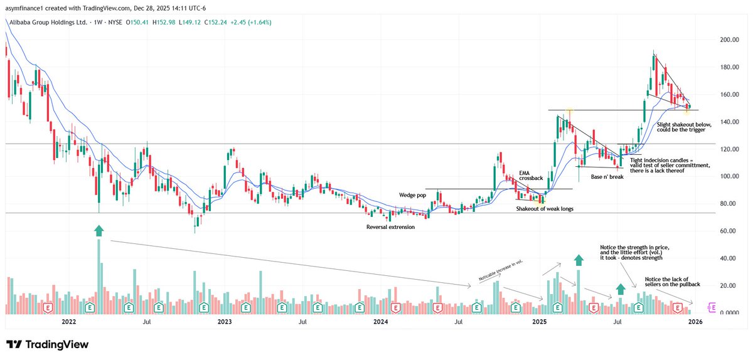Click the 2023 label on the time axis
coord(225,322)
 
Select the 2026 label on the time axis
coord(695,322)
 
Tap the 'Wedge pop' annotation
coord(411,195)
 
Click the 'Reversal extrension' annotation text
coord(390,226)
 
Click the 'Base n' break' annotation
coord(606,177)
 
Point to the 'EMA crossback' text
coord(530,175)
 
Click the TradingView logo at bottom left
coord(47,344)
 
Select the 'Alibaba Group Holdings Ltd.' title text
coord(47,23)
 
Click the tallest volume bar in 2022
coord(99,276)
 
